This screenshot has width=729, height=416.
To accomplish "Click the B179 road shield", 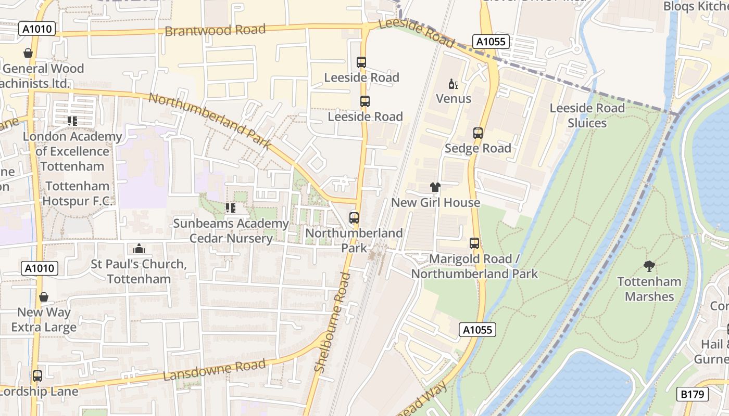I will (693, 394).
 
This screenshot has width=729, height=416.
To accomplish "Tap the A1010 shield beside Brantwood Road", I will (38, 29).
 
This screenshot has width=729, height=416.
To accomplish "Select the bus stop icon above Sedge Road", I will (478, 133).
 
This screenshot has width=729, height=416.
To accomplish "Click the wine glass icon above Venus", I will (453, 84).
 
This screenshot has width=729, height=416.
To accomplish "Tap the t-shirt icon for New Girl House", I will (435, 187).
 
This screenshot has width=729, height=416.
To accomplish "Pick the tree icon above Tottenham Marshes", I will (649, 266).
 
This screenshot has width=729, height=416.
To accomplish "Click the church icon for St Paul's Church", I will (139, 249).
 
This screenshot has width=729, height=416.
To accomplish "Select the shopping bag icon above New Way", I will (44, 297).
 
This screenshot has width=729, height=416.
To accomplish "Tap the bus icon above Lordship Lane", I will (37, 375).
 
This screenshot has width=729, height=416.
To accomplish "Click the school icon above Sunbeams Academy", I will (230, 208).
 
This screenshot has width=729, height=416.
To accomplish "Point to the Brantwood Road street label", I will (215, 30).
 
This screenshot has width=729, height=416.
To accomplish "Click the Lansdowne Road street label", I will (215, 369).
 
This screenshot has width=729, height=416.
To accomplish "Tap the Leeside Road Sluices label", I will (587, 115).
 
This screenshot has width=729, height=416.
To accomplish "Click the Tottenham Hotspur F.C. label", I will (77, 193).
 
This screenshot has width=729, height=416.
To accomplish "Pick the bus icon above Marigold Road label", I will (474, 243).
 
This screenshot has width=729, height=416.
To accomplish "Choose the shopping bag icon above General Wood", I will (28, 53).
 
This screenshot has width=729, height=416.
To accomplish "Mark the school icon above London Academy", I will (72, 121).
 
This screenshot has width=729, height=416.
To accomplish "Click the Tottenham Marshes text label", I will (649, 289).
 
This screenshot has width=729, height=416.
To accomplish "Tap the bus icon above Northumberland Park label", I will (354, 218).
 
